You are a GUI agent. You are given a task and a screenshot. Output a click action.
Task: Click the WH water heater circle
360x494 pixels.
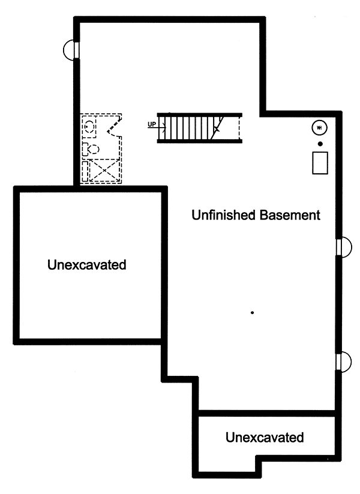pyautogui.click(x=319, y=128)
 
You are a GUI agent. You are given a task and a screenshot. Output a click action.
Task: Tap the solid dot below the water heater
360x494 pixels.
pyautogui.click(x=320, y=144)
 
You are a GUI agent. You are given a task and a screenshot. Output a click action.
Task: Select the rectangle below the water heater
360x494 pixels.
pyautogui.click(x=320, y=163)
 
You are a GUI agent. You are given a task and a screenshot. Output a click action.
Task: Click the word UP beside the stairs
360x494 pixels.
pyautogui.click(x=152, y=124)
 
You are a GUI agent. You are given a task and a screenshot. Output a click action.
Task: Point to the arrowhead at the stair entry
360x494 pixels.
pyautogui.click(x=164, y=128)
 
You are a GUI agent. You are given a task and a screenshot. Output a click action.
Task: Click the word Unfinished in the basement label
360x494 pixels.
pyautogui.click(x=223, y=215)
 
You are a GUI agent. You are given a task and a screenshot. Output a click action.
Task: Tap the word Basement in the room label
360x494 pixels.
pyautogui.click(x=290, y=215)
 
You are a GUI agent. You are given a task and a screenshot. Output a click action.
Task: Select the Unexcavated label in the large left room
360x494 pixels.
pyautogui.click(x=86, y=264)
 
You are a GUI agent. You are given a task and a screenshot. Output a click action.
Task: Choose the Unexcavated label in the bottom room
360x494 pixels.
pyautogui.click(x=265, y=437)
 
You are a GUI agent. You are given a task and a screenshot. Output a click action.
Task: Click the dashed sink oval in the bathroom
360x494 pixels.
pyautogui.click(x=90, y=126)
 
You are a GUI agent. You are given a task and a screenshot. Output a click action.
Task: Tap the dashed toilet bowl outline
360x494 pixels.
pyautogui.click(x=94, y=149)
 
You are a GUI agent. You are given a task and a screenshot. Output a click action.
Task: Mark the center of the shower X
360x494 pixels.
pyautogui.click(x=104, y=170)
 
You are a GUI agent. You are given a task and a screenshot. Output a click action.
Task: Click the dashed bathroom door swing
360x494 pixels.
pyautogui.click(x=114, y=125)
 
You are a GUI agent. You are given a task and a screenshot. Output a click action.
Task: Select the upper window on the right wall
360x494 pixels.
pyautogui.click(x=344, y=247)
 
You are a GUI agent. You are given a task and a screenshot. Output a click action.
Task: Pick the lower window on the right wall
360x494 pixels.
pyautogui.click(x=344, y=361)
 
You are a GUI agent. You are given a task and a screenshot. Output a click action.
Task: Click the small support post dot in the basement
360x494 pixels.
pyautogui.click(x=252, y=313)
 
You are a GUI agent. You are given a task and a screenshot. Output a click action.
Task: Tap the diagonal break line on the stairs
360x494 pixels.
pyautogui.click(x=217, y=128)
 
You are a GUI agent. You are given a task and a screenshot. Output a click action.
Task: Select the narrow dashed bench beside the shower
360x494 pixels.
pyautogui.click(x=85, y=171)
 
